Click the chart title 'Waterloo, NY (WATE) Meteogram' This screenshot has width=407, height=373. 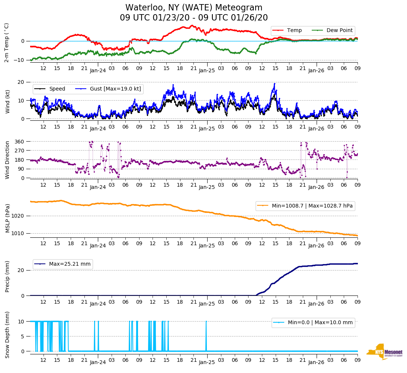click(x=193, y=8)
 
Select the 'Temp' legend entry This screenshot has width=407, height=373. click(x=294, y=31)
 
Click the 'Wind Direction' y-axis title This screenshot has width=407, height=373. click(x=7, y=159)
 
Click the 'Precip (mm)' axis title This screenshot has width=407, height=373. click(x=7, y=276)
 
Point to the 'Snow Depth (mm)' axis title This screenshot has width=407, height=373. click(x=7, y=335)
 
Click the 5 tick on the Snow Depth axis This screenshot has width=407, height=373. click(x=23, y=336)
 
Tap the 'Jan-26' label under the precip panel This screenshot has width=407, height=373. click(x=316, y=304)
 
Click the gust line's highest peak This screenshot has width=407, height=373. click(x=275, y=83)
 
